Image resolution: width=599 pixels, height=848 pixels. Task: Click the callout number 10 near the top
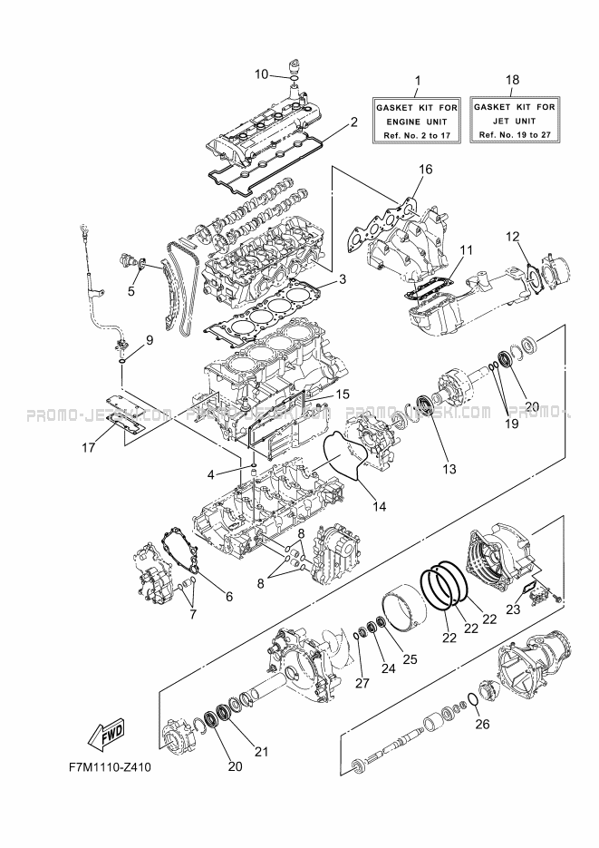260,73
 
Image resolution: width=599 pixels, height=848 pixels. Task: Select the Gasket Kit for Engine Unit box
418,120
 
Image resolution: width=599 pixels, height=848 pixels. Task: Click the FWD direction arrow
108,733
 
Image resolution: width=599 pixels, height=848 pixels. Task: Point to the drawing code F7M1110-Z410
108,766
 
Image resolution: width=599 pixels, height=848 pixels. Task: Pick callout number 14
379,506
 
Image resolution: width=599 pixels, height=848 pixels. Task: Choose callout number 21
263,751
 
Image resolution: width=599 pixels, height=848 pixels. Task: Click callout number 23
513,609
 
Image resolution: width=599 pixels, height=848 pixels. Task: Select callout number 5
131,291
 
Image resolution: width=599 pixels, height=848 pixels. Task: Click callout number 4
209,473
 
